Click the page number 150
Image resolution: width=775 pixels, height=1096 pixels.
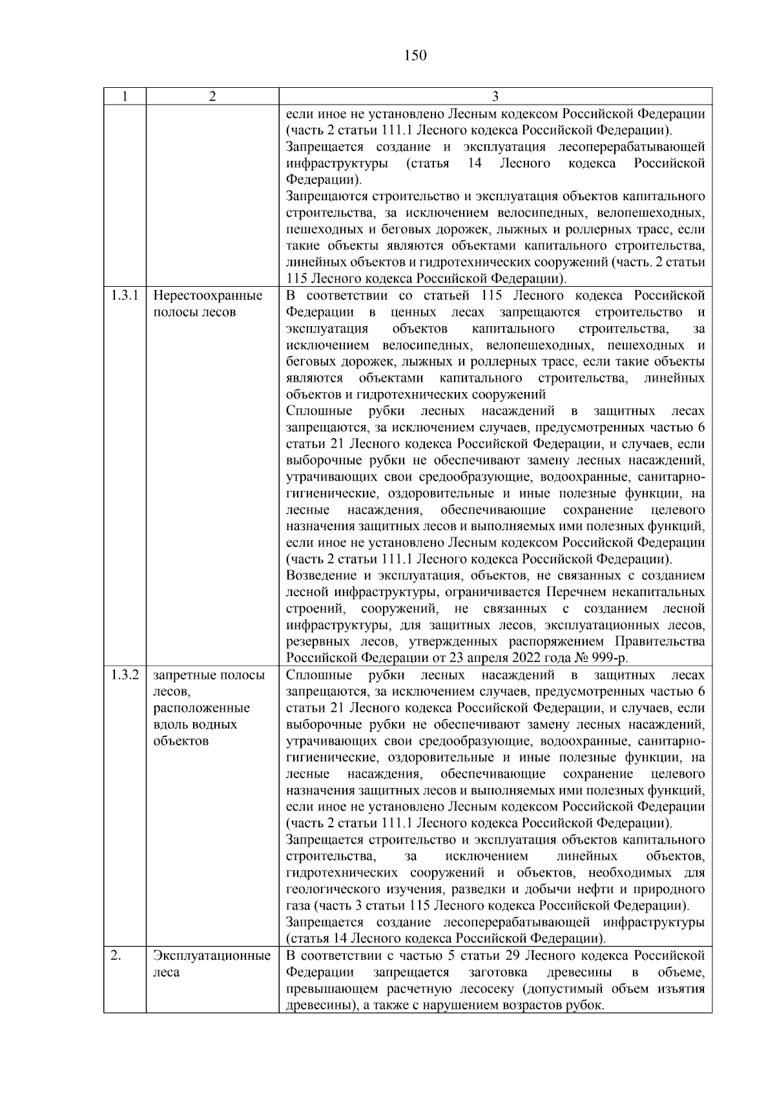click(x=415, y=56)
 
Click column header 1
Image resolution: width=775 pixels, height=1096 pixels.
click(x=124, y=97)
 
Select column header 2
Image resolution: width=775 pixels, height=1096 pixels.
click(x=212, y=97)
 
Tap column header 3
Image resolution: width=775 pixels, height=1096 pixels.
click(x=495, y=97)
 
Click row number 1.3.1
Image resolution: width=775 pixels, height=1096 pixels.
click(x=125, y=296)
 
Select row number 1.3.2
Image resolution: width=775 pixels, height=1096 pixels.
click(x=125, y=676)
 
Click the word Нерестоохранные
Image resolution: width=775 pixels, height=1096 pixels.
click(x=208, y=296)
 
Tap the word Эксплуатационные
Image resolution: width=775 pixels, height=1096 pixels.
click(x=212, y=956)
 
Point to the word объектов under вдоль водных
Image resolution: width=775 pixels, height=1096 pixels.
click(x=181, y=741)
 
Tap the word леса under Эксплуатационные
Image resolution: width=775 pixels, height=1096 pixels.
click(x=166, y=973)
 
